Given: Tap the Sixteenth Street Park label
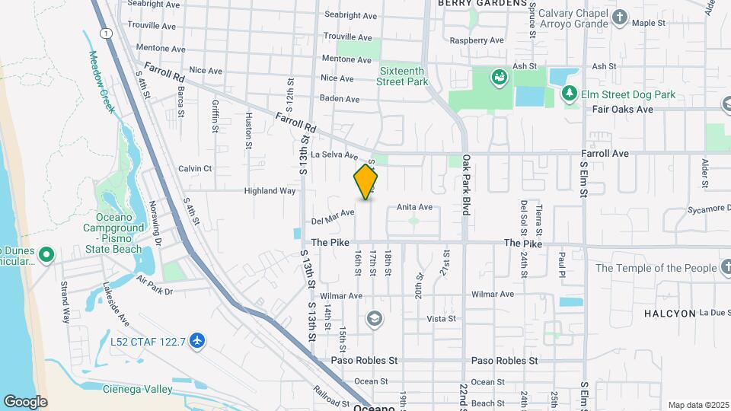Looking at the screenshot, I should point(403,76).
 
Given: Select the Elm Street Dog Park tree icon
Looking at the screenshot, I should point(569,94).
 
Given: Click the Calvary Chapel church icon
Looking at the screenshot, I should point(620,17).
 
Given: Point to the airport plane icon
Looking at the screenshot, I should point(198,340).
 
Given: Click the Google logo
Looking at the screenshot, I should point(25,402).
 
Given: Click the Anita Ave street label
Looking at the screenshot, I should point(414,207).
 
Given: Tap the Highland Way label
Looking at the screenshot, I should point(270,191).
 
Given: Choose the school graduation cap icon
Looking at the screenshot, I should point(374,318).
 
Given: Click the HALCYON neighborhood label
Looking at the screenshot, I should point(669,313).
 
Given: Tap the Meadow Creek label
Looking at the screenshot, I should point(101,82).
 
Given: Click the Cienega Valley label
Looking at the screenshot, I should point(138,389).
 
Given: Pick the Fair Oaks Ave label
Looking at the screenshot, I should point(623,110).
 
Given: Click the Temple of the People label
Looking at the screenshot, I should point(656,268).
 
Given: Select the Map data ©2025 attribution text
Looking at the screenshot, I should point(697,405).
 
